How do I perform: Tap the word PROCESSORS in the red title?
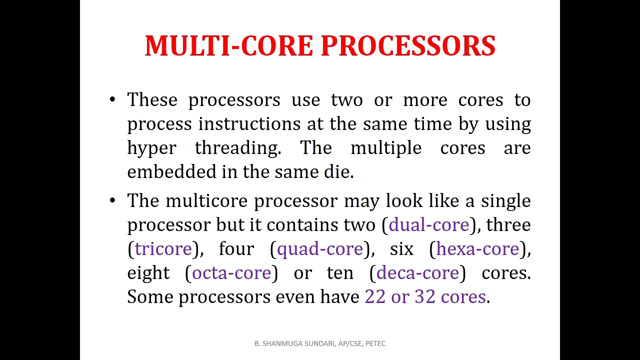click(407, 46)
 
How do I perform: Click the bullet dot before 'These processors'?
click(112, 99)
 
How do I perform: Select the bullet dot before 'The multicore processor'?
click(112, 200)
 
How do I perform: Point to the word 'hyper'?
click(151, 148)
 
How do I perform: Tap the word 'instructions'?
click(249, 124)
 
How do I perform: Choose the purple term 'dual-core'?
click(428, 225)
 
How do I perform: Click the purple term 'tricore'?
click(163, 249)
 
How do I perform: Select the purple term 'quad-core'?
click(319, 249)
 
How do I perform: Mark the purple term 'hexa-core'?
click(477, 249)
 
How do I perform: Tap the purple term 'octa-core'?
click(231, 273)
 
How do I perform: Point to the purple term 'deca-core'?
click(417, 273)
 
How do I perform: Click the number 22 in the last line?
click(375, 297)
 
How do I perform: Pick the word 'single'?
click(505, 201)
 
